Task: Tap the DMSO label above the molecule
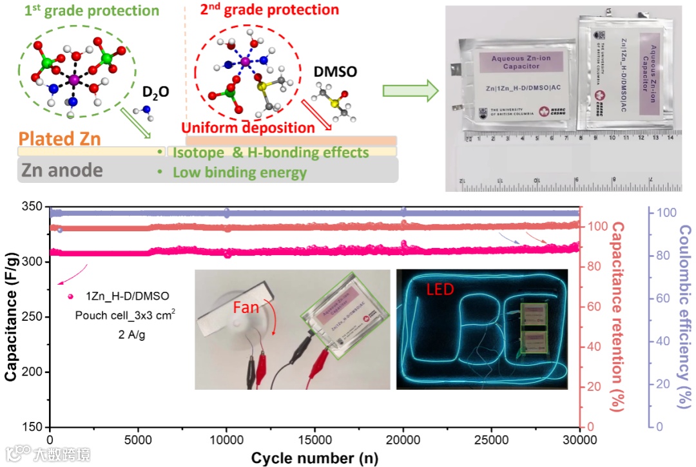click(x=335, y=72)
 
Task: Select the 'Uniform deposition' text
click(x=248, y=128)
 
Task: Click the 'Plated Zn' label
click(x=59, y=138)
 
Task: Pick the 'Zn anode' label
click(x=63, y=170)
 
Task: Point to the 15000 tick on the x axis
click(x=314, y=440)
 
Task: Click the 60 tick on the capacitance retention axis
click(x=594, y=307)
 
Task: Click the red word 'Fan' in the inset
click(x=246, y=308)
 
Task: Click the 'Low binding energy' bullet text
click(x=239, y=173)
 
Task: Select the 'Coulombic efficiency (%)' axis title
click(x=685, y=317)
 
